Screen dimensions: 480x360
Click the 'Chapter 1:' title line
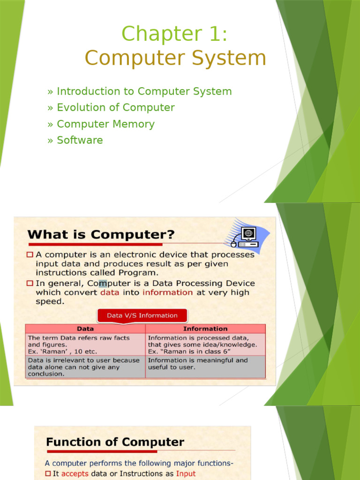(x=175, y=34)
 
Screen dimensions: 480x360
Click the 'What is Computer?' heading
(x=101, y=234)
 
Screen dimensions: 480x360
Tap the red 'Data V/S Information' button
(x=142, y=315)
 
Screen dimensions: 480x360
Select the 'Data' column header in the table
(x=85, y=329)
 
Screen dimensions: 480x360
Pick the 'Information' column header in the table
(x=205, y=329)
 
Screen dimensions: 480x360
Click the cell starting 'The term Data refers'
(x=85, y=344)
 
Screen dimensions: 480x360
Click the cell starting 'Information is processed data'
(x=205, y=344)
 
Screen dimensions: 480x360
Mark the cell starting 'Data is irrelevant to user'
(x=85, y=367)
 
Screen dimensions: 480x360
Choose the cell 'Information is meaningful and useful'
(x=205, y=364)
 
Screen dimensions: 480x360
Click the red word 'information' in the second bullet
(x=167, y=292)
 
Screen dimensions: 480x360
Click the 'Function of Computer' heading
(x=115, y=442)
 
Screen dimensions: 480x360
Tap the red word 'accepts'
(x=75, y=474)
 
